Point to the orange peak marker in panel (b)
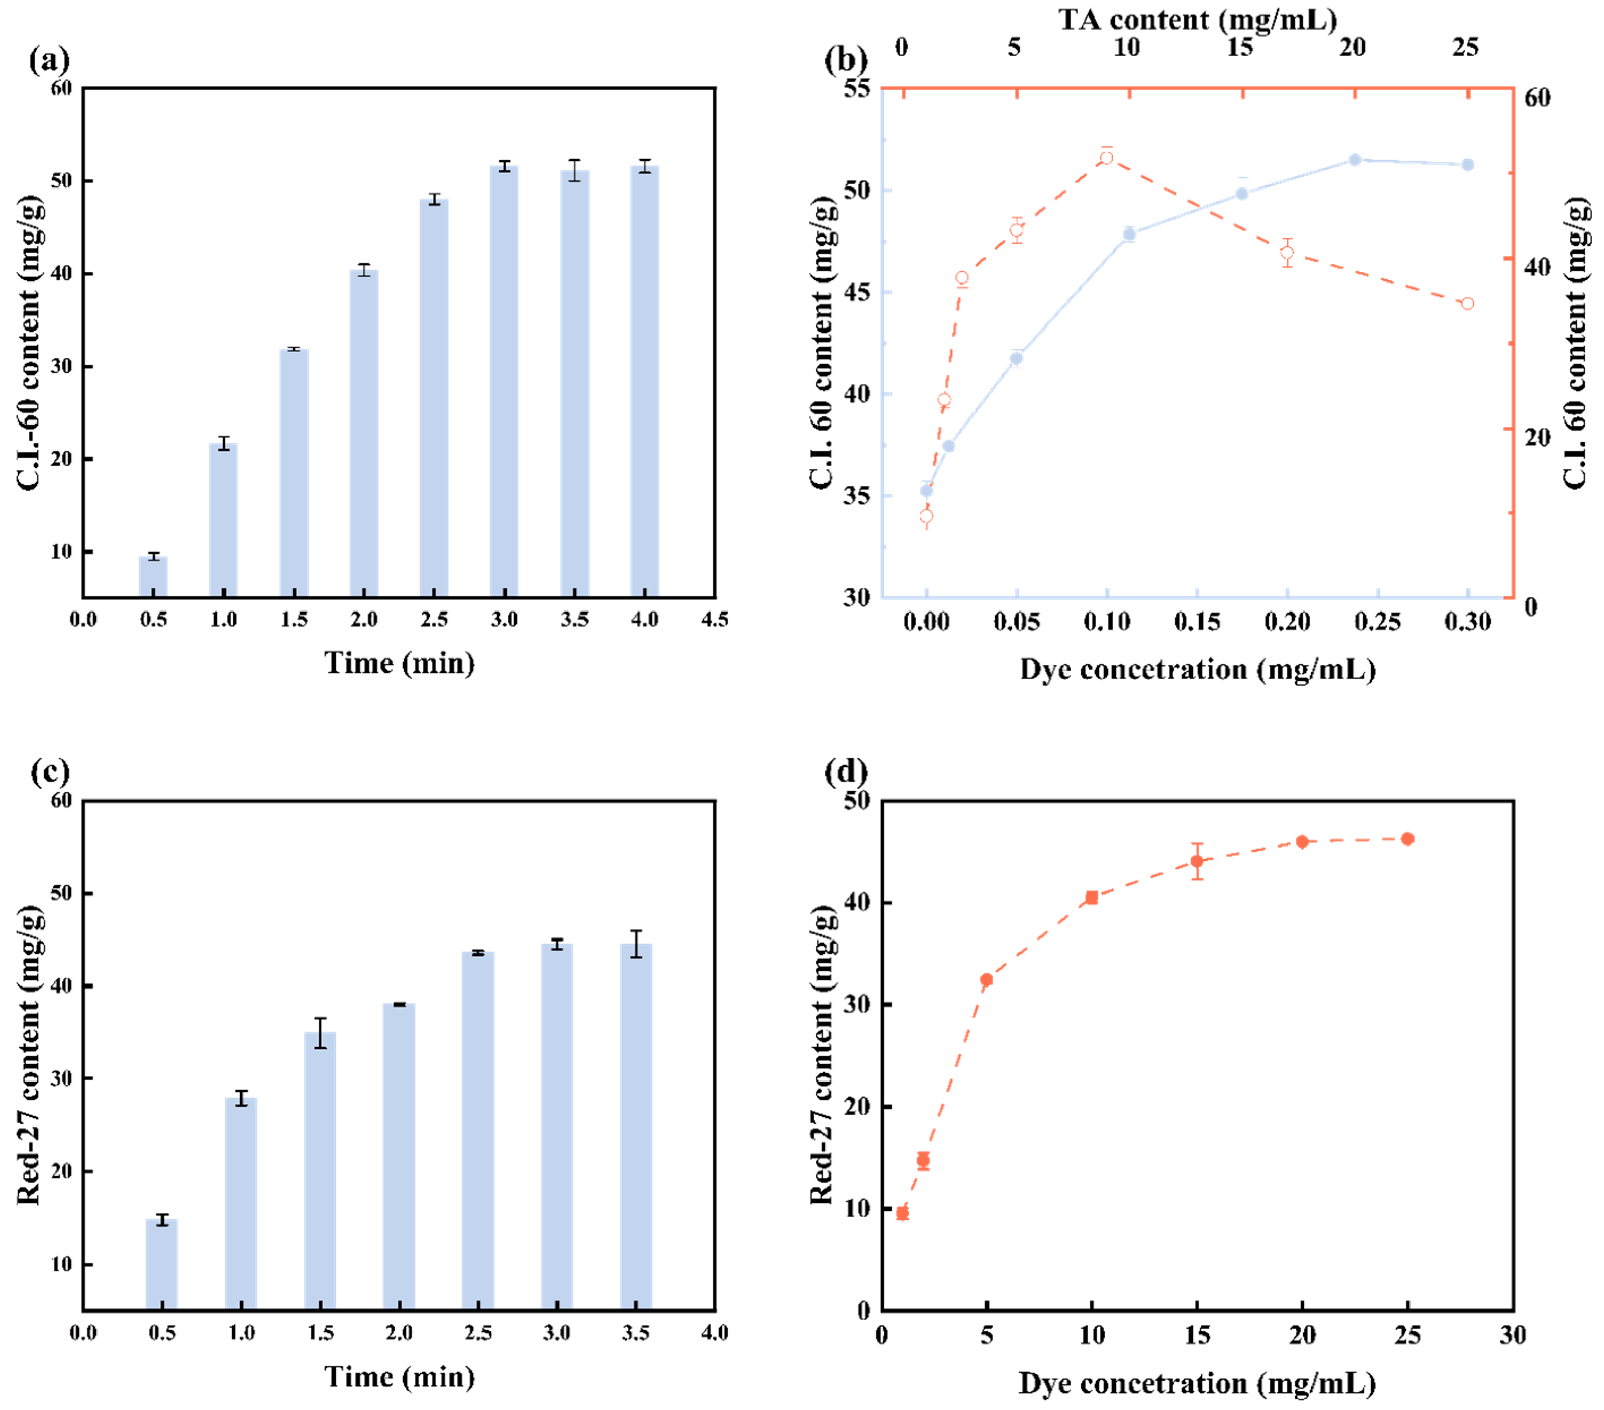(1106, 158)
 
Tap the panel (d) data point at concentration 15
(1197, 861)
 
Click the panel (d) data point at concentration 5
(987, 980)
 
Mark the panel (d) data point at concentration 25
(1408, 839)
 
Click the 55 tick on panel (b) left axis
(857, 88)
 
